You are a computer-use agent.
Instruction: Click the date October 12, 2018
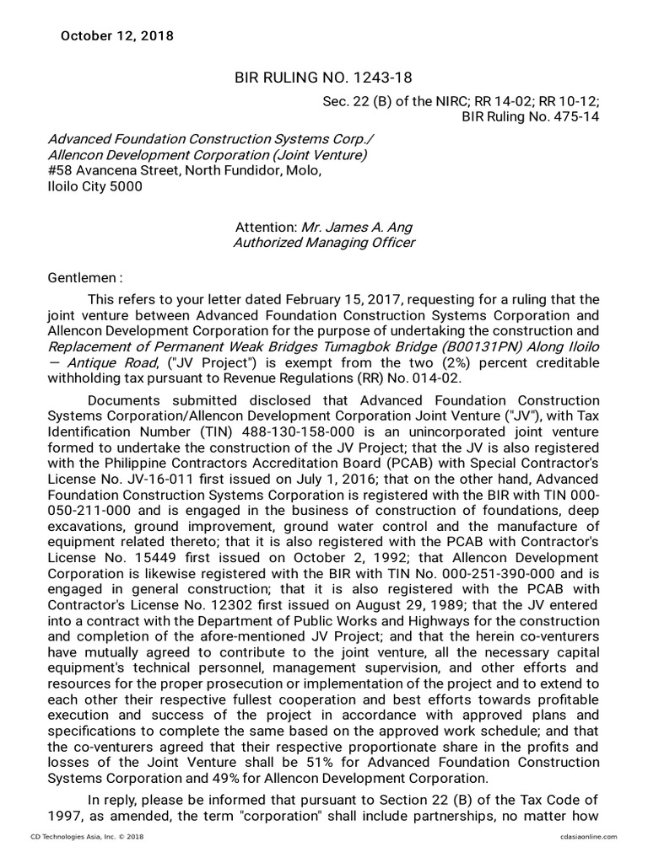click(117, 35)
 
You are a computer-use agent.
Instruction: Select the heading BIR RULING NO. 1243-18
click(323, 78)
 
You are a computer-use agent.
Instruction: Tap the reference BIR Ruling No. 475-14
click(531, 116)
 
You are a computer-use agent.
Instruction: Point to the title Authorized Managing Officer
click(324, 243)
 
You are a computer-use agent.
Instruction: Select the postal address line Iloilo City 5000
click(94, 186)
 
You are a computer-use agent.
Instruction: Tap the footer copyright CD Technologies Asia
click(80, 836)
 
